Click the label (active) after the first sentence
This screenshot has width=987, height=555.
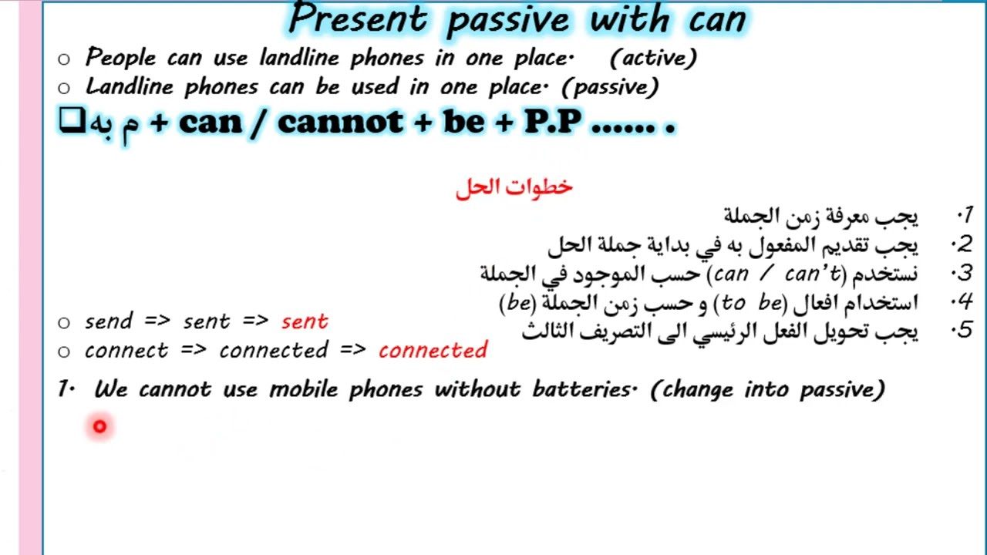[x=652, y=57]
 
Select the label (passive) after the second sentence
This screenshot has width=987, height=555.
[x=610, y=86]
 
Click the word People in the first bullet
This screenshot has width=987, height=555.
[x=120, y=57]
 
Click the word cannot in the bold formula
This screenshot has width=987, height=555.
[x=339, y=122]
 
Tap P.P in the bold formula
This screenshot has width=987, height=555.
[x=552, y=122]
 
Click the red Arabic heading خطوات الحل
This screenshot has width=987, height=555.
[x=514, y=187]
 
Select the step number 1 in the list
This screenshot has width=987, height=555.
[x=965, y=215]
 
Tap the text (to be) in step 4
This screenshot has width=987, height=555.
[x=750, y=302]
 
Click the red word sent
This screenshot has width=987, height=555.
[x=305, y=321]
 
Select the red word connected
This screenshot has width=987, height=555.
[x=433, y=350]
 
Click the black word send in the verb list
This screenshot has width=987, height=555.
[x=108, y=321]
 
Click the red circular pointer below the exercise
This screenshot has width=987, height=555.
[x=99, y=426]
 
